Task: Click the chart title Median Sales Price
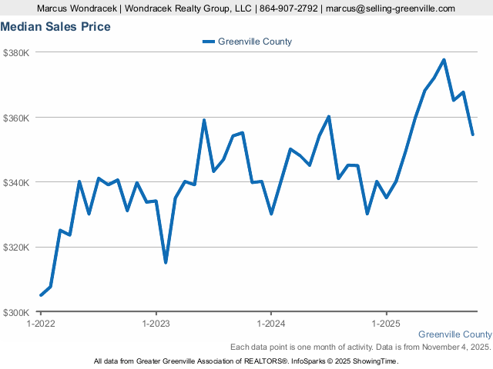55,27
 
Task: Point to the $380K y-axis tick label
16,53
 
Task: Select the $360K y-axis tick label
16,118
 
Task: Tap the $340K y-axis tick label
16,183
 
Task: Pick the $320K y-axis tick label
16,248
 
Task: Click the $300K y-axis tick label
16,313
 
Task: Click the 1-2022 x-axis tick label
41,324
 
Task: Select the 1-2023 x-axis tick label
156,324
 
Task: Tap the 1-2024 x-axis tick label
271,324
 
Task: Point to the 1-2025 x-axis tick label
386,324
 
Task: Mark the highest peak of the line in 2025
444,60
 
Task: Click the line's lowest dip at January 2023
166,263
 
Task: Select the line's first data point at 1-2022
41,295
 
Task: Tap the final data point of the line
472,135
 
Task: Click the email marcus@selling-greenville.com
391,8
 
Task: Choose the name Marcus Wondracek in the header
75,8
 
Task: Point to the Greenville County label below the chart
454,334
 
